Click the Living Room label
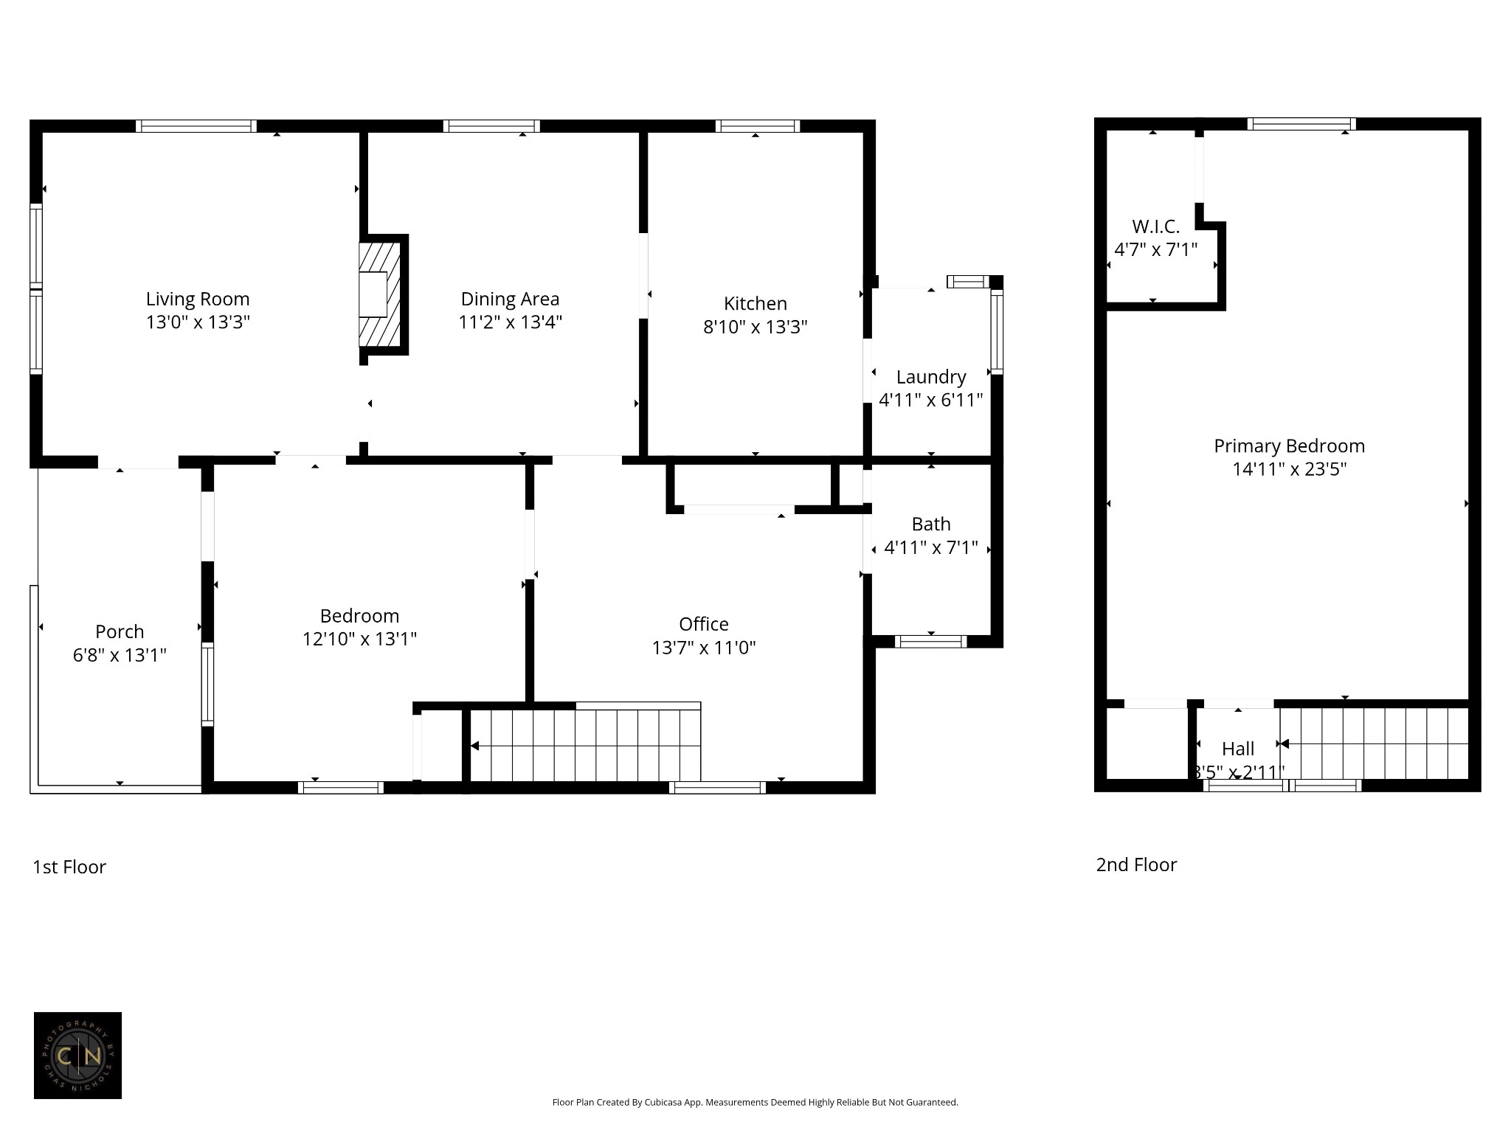[198, 299]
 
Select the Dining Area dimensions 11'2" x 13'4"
[510, 322]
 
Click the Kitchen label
[755, 303]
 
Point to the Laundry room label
[930, 377]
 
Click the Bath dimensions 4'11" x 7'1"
[930, 547]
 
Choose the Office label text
[703, 624]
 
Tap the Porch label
[120, 631]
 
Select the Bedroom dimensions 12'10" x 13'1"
[359, 639]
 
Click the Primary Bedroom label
[1289, 446]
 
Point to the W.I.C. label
[1155, 226]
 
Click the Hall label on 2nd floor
[1237, 749]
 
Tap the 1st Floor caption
[69, 867]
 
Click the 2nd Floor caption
[1136, 865]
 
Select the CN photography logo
[77, 1056]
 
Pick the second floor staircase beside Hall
[1374, 744]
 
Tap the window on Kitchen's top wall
[757, 126]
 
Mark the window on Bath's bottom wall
[930, 642]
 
